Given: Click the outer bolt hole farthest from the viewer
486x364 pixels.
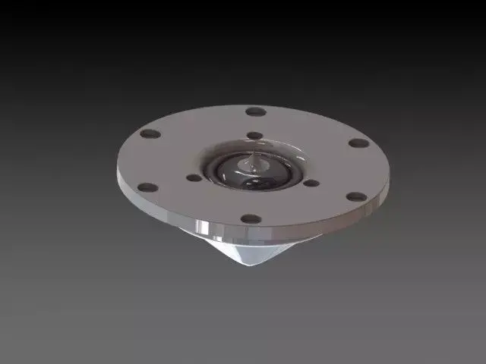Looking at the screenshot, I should point(256,111).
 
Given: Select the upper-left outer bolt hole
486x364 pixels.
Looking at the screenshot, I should point(150,134).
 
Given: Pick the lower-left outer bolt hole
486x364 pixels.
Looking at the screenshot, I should point(149,187).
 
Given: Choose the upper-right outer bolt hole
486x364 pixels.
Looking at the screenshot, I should point(358,143).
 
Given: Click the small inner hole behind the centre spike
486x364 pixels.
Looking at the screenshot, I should point(256,136).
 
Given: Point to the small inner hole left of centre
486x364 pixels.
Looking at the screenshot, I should point(194,178).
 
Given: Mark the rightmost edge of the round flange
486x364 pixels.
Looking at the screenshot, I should point(392,171).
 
